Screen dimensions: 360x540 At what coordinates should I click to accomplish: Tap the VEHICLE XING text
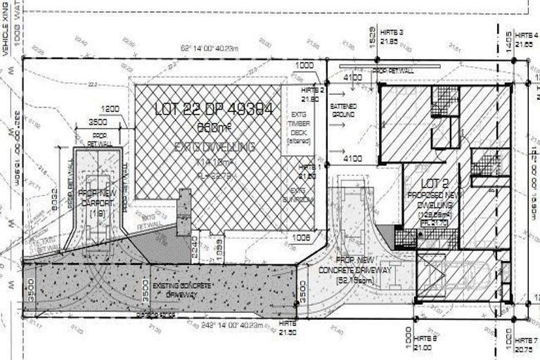tap(5, 29)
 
